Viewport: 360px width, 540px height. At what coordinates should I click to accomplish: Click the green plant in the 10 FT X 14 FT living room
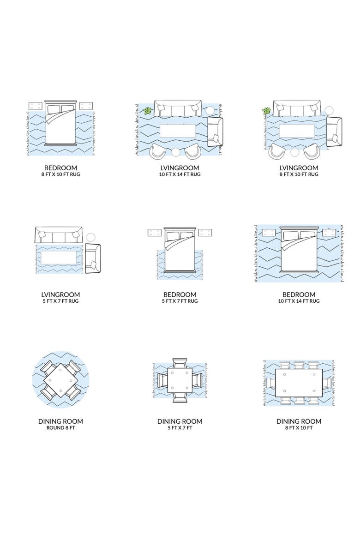(147, 111)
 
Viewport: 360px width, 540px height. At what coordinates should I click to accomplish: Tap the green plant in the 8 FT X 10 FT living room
(266, 111)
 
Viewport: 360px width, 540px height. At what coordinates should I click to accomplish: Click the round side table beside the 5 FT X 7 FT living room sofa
(91, 237)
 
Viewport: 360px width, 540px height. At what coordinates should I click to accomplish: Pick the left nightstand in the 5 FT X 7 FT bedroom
(154, 233)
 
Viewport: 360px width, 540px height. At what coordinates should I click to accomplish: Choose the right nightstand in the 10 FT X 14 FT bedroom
(329, 233)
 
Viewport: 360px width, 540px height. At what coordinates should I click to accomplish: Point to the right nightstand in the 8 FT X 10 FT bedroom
(86, 106)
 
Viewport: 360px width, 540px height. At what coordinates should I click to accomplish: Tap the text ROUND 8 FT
(60, 428)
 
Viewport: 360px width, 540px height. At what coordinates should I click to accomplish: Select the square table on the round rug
(60, 380)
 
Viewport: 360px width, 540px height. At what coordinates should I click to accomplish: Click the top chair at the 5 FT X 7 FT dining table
(180, 363)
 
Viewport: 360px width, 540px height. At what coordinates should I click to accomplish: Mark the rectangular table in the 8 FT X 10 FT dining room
(299, 383)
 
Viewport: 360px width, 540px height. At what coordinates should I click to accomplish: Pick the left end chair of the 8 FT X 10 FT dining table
(271, 383)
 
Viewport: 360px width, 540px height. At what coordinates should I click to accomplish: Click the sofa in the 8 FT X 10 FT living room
(297, 108)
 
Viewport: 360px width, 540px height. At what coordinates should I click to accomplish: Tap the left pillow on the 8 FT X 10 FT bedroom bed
(54, 109)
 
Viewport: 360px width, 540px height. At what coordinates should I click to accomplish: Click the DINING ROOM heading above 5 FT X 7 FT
(180, 421)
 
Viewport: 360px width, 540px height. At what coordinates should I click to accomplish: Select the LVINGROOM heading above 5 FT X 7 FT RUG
(60, 294)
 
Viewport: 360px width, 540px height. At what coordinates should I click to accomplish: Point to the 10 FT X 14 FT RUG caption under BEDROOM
(299, 301)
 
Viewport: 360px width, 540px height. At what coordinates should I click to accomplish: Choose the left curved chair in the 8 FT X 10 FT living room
(277, 151)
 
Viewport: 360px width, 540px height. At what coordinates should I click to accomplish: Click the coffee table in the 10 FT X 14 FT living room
(178, 131)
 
